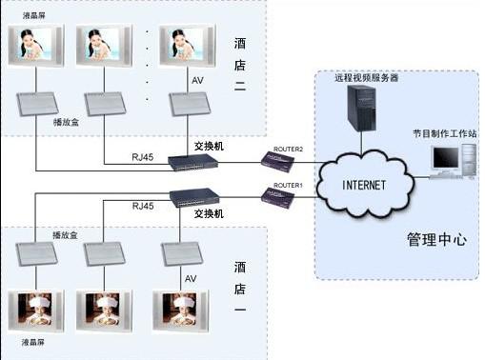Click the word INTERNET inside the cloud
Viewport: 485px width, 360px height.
point(363,184)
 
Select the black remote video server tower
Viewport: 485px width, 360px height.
point(361,108)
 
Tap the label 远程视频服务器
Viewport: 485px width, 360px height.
point(364,77)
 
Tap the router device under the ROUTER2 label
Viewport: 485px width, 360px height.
point(279,163)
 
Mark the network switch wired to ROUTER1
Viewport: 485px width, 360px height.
point(194,197)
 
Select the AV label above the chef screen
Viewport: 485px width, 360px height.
point(190,278)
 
